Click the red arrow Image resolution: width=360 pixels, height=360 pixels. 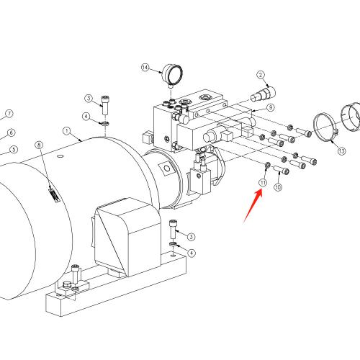(253, 206)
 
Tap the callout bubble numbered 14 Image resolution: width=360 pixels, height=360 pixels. (145, 68)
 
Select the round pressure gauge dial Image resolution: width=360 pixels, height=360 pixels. (172, 74)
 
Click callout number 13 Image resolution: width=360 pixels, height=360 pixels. (342, 151)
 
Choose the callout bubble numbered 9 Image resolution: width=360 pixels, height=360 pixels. (271, 107)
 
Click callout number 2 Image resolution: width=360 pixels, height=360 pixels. (261, 75)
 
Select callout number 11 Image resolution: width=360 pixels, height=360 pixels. (263, 183)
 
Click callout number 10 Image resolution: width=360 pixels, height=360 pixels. (278, 187)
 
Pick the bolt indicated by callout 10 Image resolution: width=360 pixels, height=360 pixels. (282, 170)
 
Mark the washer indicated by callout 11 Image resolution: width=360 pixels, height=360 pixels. (267, 165)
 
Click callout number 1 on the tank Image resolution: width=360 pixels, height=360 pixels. (67, 131)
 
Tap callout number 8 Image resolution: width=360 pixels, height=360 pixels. (40, 145)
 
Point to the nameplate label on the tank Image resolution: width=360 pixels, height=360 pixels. (54, 194)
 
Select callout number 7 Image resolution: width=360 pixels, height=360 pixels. (9, 114)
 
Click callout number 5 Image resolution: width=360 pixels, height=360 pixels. (14, 150)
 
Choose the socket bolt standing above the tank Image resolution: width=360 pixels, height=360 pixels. (105, 105)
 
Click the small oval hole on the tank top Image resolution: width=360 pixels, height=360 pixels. (60, 156)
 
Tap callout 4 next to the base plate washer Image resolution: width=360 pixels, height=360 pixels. (192, 253)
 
